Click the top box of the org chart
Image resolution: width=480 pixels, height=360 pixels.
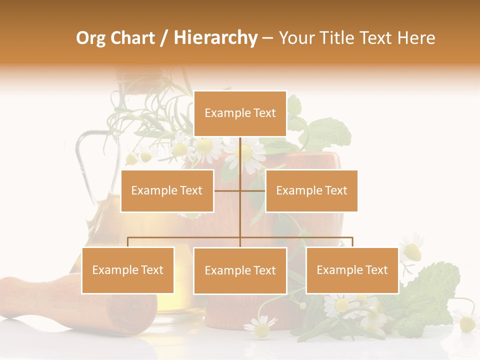(240, 113)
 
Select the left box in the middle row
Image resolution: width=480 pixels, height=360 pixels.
(167, 190)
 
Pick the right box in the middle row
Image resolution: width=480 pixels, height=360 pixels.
(311, 190)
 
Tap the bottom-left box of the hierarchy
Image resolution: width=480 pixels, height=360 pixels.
(128, 270)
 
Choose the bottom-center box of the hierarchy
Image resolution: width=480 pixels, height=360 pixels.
(240, 270)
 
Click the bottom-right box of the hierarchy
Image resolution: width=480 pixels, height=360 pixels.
(352, 270)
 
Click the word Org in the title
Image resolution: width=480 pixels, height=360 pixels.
(90, 38)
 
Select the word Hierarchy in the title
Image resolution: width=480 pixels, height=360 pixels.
(215, 38)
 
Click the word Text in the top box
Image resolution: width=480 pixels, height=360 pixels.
(264, 113)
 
